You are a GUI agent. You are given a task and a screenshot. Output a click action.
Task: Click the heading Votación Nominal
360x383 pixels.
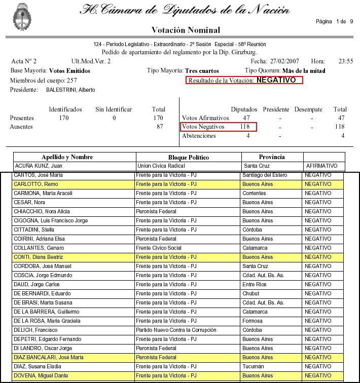coord(186,30)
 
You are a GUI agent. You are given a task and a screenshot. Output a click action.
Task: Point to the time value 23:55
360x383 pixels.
coord(346,61)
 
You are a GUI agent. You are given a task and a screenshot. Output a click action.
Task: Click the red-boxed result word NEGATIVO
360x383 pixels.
coord(276,80)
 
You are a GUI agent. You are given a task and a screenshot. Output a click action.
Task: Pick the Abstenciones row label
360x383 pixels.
coord(199,136)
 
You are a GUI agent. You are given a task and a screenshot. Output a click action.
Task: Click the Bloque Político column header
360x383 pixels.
coord(189,157)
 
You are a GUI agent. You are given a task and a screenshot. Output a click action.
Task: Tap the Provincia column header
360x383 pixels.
coord(272,157)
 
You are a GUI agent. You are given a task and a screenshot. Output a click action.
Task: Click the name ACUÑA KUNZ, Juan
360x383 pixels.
coord(39,166)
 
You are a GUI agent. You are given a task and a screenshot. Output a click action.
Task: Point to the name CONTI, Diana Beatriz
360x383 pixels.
coord(40,257)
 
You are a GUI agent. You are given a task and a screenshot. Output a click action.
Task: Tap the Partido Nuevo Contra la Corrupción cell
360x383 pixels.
coord(172,330)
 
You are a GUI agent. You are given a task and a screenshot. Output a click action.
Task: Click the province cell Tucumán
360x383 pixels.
coord(254,366)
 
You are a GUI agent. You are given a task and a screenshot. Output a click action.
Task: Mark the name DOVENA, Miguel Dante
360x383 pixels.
coord(41,375)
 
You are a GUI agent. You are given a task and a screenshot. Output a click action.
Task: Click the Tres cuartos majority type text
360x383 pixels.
coord(202,71)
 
